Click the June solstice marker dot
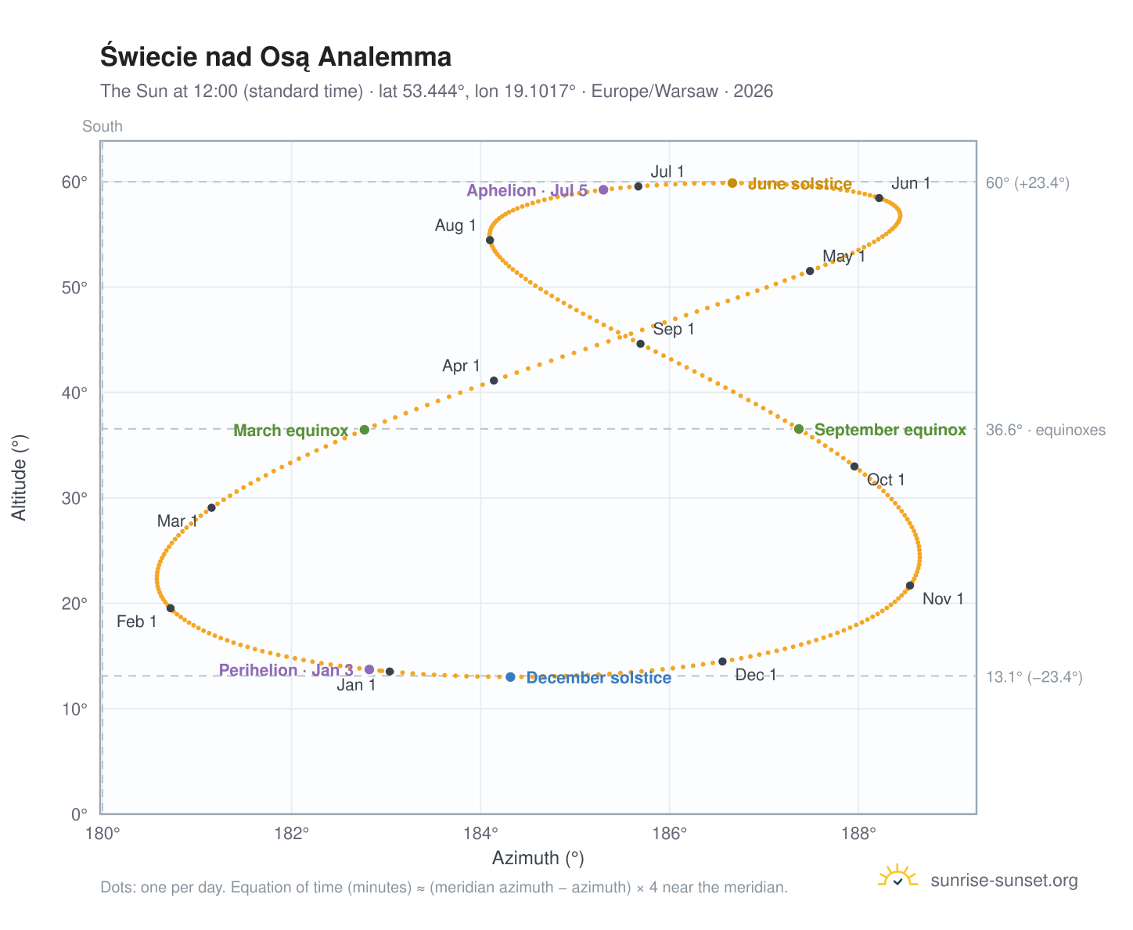[x=732, y=182]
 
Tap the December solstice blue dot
[x=510, y=677]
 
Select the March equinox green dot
[x=365, y=430]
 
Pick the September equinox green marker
[x=799, y=429]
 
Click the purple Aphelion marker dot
[x=603, y=189]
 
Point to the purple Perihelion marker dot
[x=369, y=669]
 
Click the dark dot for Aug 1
[x=490, y=240]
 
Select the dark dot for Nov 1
[x=910, y=586]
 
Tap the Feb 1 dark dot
[x=171, y=608]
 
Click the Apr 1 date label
[x=460, y=366]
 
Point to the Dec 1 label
[x=755, y=675]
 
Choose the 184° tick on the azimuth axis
[x=480, y=833]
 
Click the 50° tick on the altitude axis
[x=74, y=287]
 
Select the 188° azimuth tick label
[x=858, y=833]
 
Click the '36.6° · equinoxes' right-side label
[x=1045, y=430]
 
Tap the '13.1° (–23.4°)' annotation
[x=1034, y=677]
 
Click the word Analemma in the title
[x=385, y=56]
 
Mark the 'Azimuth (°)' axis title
[x=538, y=858]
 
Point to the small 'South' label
[x=102, y=126]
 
